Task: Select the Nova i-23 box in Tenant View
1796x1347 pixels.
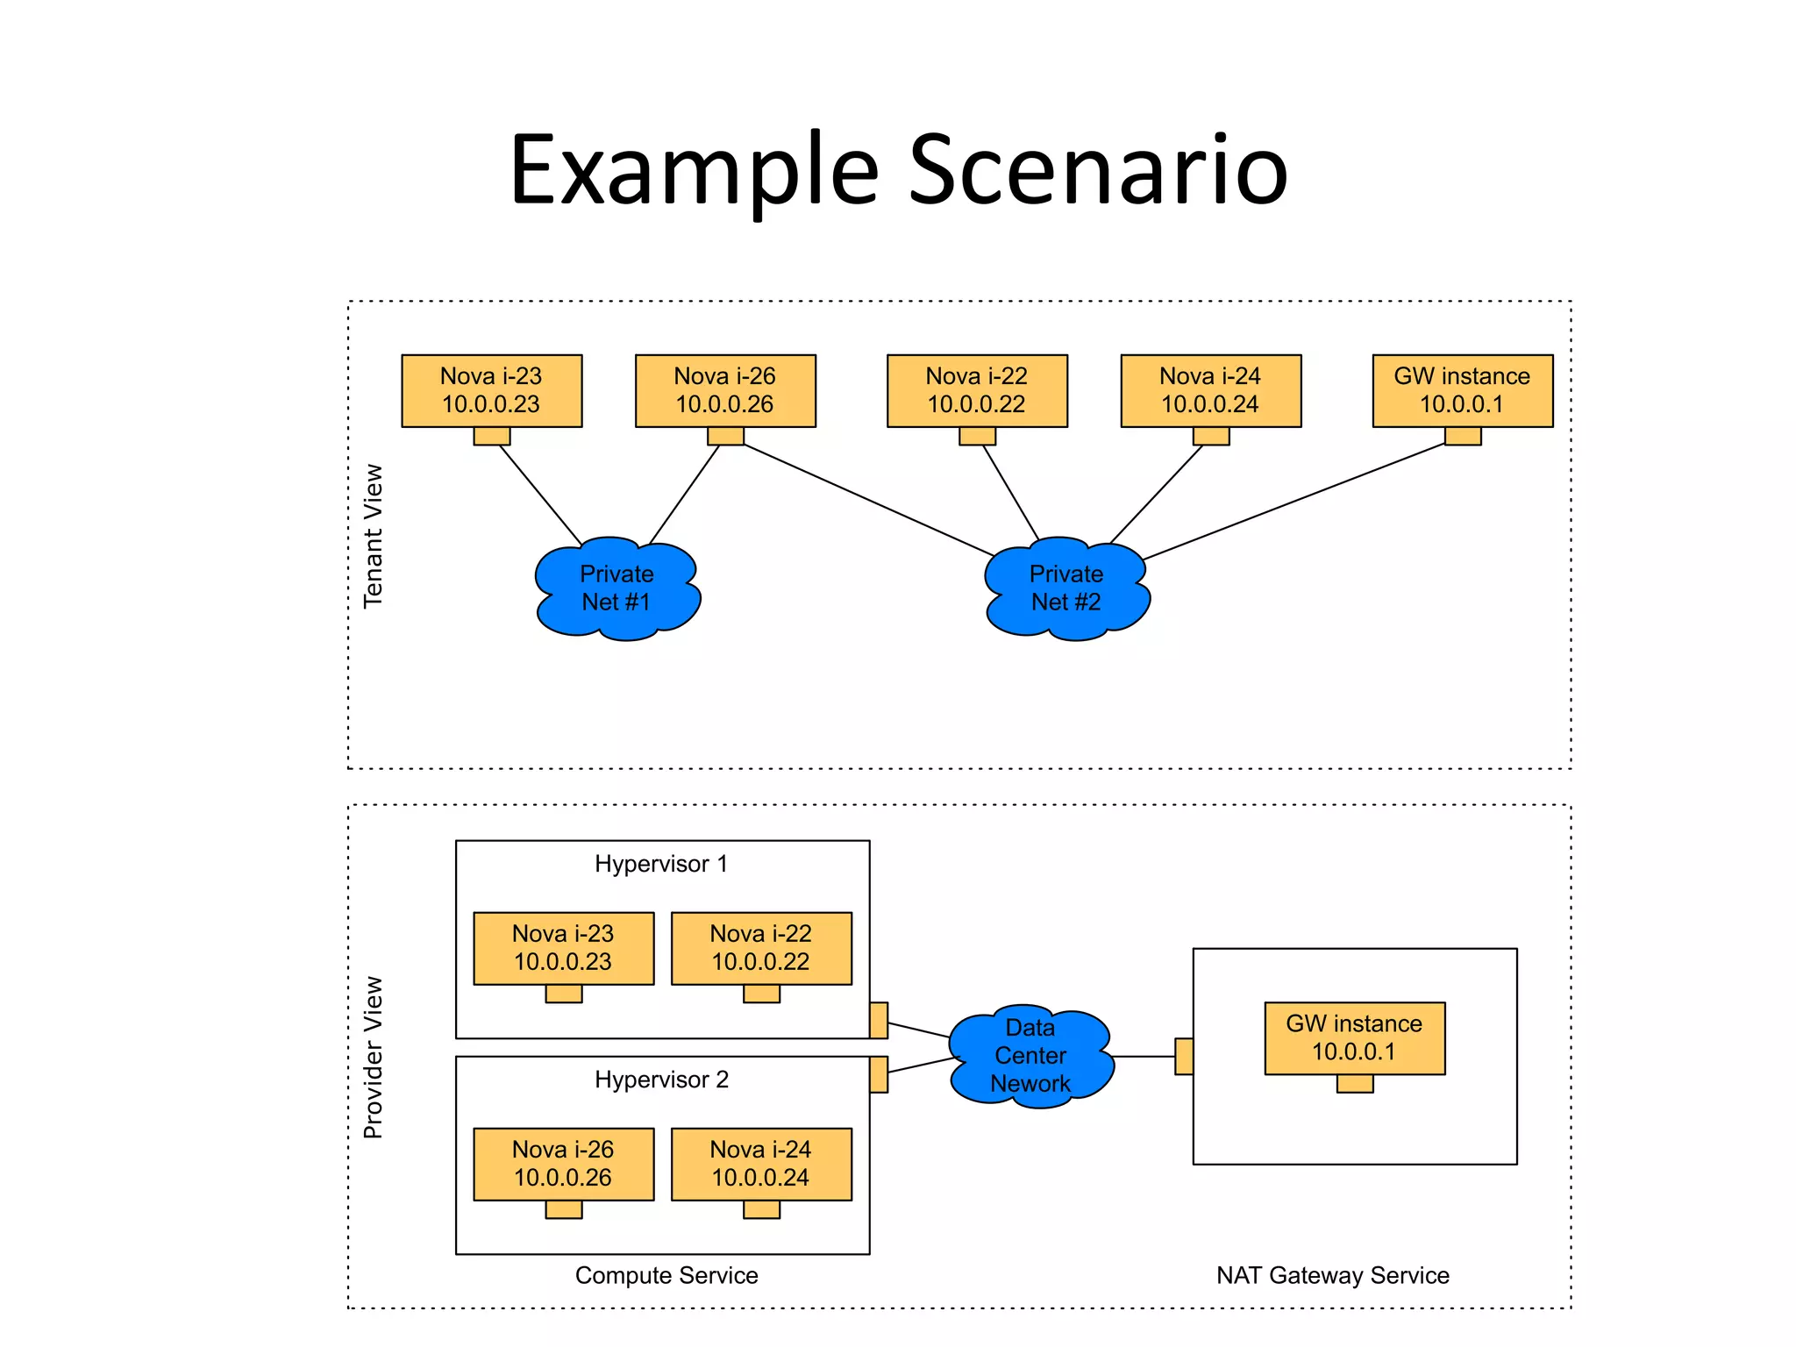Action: pos(491,390)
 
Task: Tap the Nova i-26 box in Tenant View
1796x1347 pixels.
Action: pos(725,390)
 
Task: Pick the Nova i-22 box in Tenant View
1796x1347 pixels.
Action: pos(977,390)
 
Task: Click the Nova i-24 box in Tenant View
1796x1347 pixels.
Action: pos(1210,390)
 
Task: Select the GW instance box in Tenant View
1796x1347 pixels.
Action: pos(1462,390)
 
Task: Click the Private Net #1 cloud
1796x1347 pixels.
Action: pos(617,588)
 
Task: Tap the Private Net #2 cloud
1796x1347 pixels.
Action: pos(1066,588)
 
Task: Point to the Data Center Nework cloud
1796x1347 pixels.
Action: pos(1030,1056)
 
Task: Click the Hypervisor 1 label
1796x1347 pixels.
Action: pos(661,864)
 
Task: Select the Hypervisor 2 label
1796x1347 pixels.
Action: pos(661,1080)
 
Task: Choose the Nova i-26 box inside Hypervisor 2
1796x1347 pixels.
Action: pos(563,1164)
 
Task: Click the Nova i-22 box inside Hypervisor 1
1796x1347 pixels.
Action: pos(761,948)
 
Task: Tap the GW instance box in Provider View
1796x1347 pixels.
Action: pos(1354,1037)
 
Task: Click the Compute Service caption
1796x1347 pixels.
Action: pos(666,1275)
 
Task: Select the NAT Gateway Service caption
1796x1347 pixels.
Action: pos(1332,1275)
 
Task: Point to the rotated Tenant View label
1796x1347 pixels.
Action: pos(374,536)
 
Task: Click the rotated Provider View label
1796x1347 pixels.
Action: pos(374,1058)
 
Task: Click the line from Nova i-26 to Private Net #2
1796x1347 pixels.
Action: pos(868,500)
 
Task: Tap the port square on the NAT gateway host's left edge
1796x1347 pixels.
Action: pos(1184,1057)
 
